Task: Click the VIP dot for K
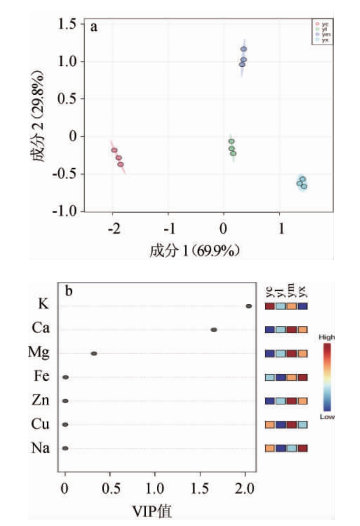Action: point(249,306)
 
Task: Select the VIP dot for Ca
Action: point(214,330)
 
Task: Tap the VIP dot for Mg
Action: point(94,353)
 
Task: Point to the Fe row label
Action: point(43,377)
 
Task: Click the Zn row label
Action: point(42,400)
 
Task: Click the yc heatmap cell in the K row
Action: point(270,306)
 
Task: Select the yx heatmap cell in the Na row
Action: point(302,448)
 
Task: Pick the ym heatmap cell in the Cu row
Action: point(291,424)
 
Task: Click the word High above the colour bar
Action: point(327,337)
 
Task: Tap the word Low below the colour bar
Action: point(327,416)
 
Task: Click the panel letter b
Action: point(68,291)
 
